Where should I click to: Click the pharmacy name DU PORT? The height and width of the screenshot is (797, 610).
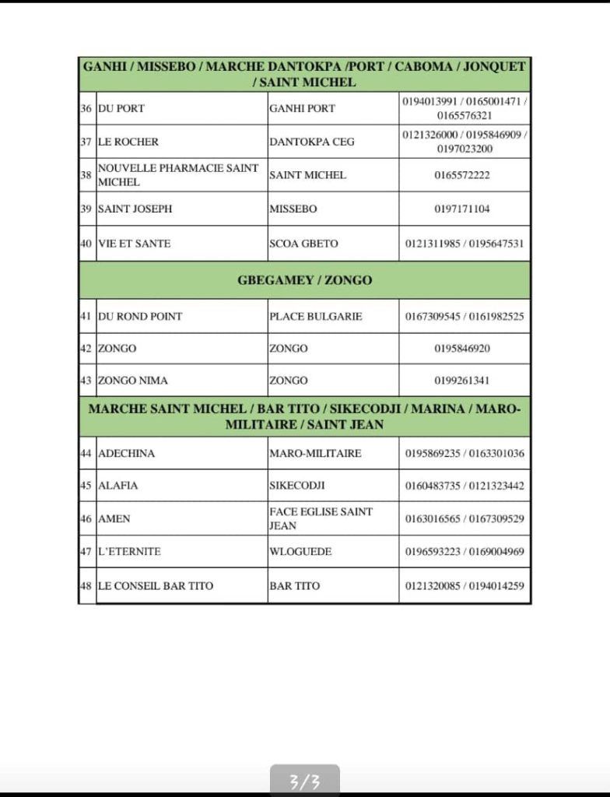tap(121, 108)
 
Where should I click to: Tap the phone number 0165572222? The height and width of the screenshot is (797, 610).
tap(462, 175)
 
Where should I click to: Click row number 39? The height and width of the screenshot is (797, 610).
tap(86, 209)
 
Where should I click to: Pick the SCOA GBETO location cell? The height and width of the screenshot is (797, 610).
tap(303, 244)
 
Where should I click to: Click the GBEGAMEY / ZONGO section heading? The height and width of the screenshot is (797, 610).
tap(304, 280)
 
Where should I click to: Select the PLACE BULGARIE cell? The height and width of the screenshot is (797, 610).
tap(315, 317)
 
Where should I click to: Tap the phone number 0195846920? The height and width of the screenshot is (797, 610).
tap(462, 349)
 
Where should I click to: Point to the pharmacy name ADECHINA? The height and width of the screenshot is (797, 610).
tap(126, 453)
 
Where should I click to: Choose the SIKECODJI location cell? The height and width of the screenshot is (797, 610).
tap(296, 486)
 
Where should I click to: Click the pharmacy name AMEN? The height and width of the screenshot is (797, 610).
tap(114, 518)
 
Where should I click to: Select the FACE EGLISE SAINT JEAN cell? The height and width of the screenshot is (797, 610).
tap(321, 518)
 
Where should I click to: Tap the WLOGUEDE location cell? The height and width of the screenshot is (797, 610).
tap(300, 552)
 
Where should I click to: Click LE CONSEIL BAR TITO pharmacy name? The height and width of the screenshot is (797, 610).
tap(155, 585)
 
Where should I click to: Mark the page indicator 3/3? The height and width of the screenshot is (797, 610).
tap(305, 780)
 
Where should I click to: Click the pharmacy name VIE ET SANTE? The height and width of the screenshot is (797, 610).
tap(134, 244)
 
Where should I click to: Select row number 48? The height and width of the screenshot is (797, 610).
tap(86, 585)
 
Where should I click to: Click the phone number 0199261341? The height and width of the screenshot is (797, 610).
tap(462, 381)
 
